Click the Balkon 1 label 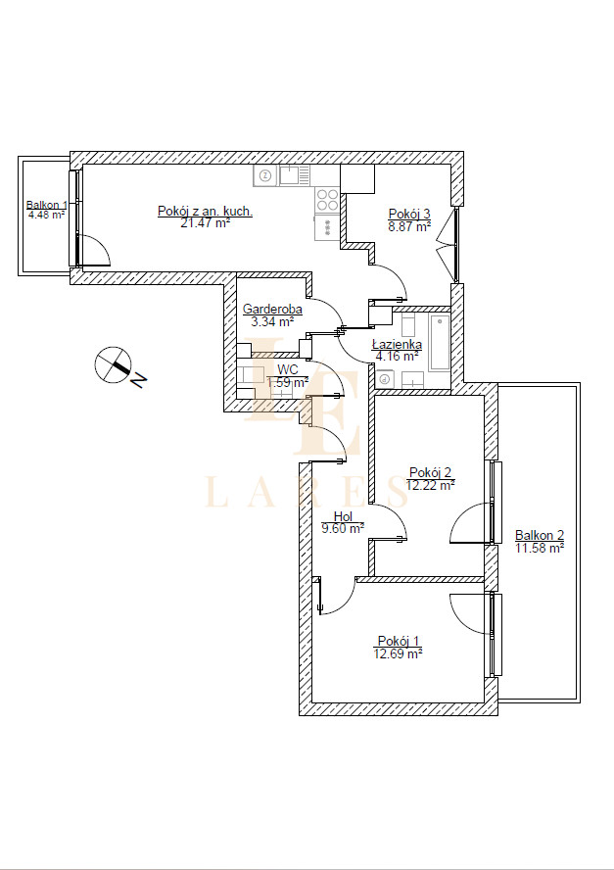[47, 205]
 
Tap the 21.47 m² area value [206, 223]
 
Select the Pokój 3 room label [409, 214]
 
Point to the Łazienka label [397, 345]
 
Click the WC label [288, 369]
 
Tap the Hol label [343, 517]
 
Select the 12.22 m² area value [431, 485]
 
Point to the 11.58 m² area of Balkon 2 [540, 549]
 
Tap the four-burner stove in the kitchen [327, 200]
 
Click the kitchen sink [295, 176]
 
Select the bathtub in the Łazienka [440, 342]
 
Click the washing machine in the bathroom [385, 380]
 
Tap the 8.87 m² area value [409, 225]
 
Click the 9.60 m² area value [343, 528]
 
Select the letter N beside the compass [138, 380]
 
